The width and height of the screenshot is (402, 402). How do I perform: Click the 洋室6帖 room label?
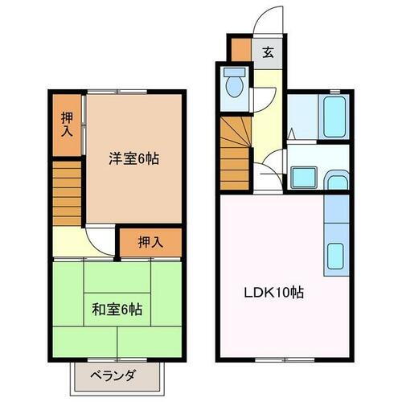[133, 159]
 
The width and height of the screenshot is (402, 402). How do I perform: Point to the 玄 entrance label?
[268, 53]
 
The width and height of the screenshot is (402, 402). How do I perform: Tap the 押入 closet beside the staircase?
[69, 123]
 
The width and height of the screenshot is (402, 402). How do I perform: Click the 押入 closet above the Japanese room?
[150, 240]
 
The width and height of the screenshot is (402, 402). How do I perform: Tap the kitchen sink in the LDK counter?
[335, 257]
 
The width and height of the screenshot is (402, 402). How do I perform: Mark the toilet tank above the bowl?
[235, 72]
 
